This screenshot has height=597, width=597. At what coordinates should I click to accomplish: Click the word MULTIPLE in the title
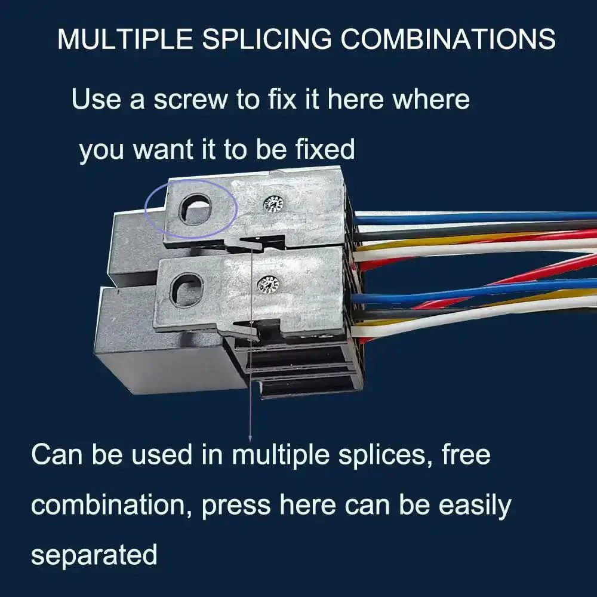click(125, 39)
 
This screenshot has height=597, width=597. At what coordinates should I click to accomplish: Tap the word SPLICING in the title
click(267, 39)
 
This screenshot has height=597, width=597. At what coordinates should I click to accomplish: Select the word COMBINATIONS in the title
click(448, 39)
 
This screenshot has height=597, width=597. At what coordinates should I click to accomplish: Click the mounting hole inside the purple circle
click(195, 208)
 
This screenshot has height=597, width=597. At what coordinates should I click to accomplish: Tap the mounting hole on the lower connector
click(186, 290)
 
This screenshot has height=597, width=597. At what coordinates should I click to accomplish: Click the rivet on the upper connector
click(274, 205)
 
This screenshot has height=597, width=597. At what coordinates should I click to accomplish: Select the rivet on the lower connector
click(268, 285)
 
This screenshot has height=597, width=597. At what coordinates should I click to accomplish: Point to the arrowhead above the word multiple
click(250, 439)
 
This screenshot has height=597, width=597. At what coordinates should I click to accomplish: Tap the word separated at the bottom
click(94, 555)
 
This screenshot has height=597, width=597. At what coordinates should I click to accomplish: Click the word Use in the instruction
click(96, 99)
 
